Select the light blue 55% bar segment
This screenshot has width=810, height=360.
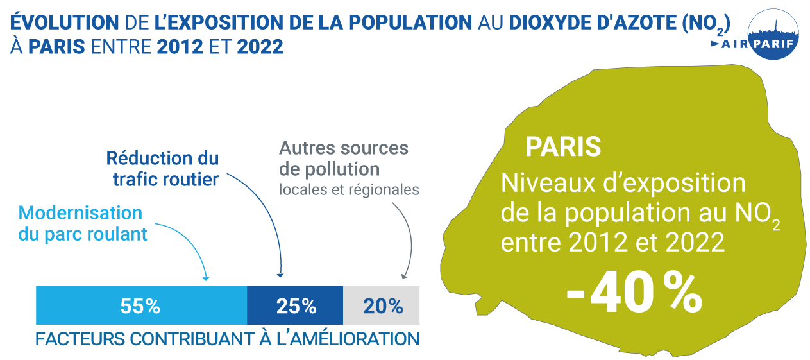click(x=141, y=305)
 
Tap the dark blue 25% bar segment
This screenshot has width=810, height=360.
click(x=295, y=305)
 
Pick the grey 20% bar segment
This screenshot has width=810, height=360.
click(x=382, y=305)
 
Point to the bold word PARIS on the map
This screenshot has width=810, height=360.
click(x=562, y=146)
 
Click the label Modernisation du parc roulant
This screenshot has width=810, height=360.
click(x=82, y=223)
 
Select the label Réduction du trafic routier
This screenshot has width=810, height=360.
click(x=163, y=168)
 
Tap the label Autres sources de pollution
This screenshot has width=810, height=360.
click(x=343, y=159)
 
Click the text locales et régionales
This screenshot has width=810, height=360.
click(x=349, y=190)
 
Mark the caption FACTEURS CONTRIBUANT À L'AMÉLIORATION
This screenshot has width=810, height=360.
click(x=227, y=338)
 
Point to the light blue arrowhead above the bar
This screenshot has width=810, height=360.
click(x=206, y=278)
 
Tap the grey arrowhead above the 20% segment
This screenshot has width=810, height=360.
click(x=404, y=276)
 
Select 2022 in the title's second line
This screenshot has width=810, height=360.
click(x=260, y=47)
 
